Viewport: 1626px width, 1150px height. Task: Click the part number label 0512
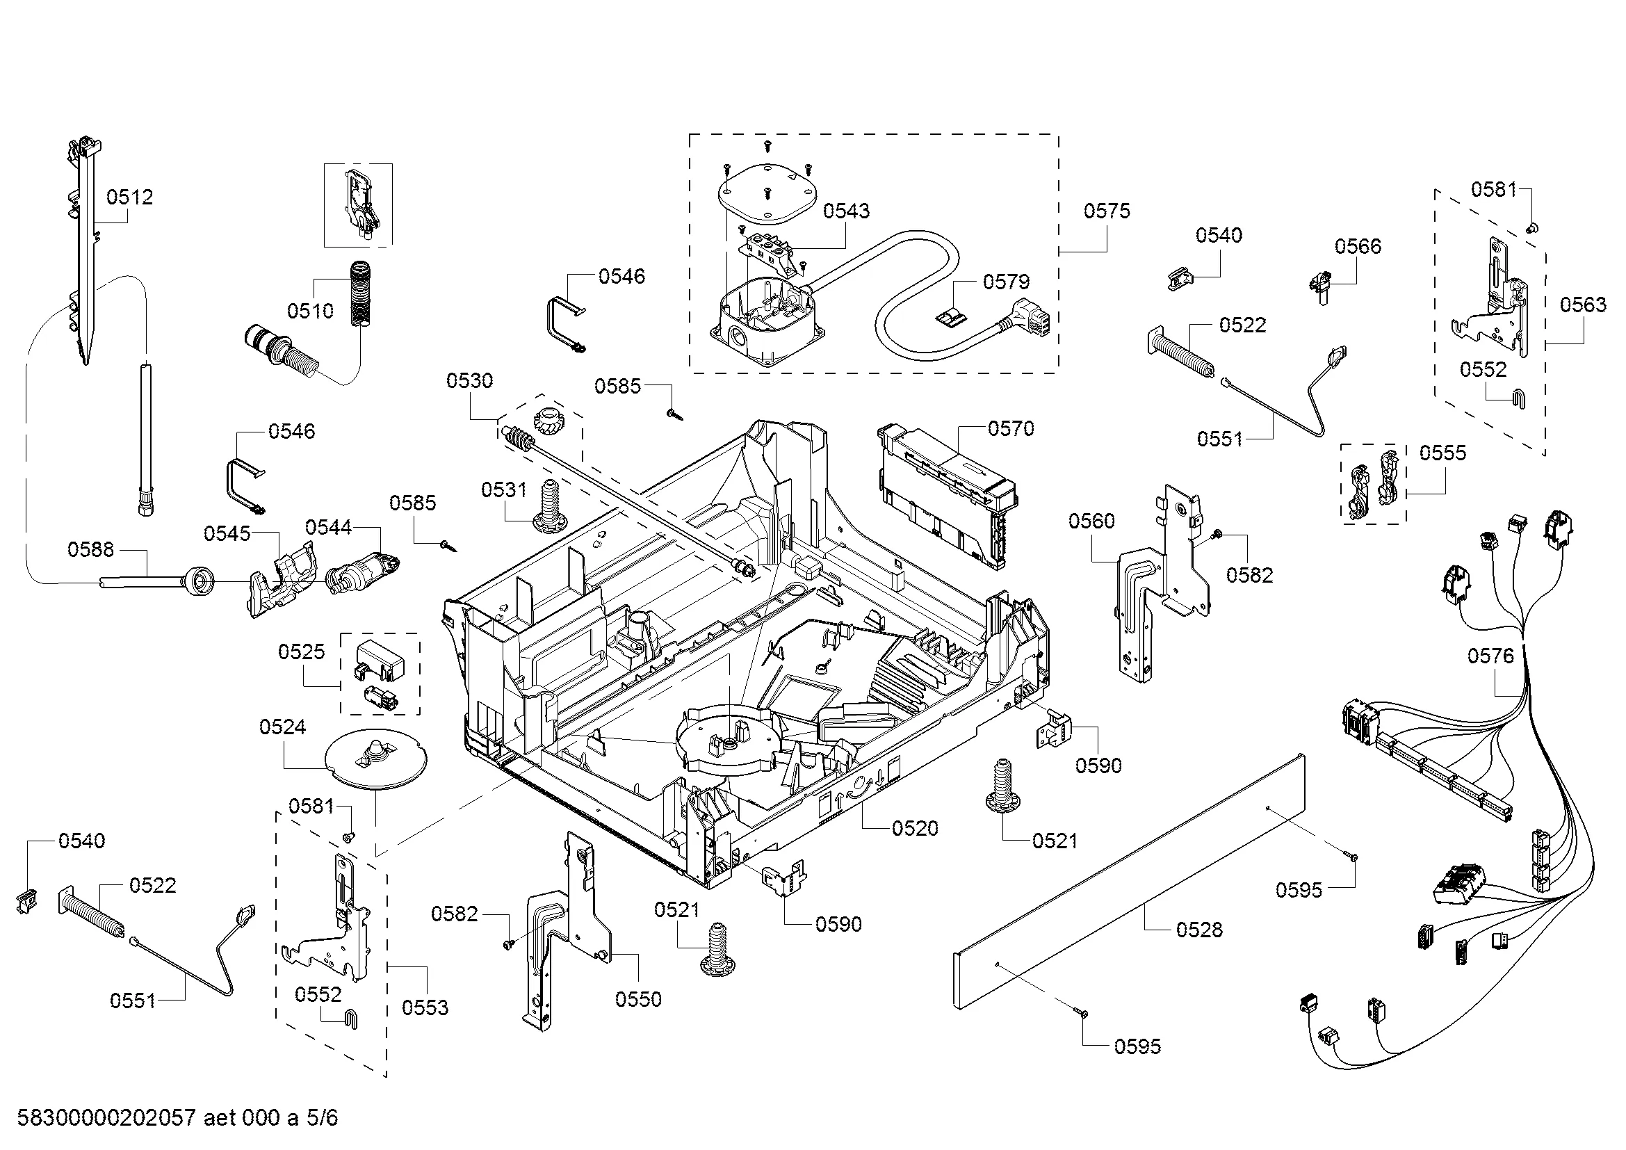(129, 197)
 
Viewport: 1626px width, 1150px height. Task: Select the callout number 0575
(1107, 211)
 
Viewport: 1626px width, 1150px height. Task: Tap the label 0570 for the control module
(1011, 428)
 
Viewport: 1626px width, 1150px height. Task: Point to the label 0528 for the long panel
(1200, 930)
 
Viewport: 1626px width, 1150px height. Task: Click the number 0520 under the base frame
(915, 829)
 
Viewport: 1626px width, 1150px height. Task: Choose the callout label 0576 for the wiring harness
(1490, 656)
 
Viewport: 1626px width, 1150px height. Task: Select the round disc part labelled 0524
(375, 759)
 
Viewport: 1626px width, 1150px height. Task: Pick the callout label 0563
(1584, 305)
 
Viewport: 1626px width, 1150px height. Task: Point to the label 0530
(469, 381)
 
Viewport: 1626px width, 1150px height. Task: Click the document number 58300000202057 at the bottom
(106, 1118)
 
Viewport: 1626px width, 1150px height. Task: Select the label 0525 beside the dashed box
(302, 651)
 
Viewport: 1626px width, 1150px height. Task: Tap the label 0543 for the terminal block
(846, 211)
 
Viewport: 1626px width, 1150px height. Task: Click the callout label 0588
(90, 549)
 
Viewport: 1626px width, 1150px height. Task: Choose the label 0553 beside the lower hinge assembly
(425, 1007)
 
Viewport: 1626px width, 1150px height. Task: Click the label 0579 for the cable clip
(1007, 282)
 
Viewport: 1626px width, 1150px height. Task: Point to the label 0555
(1442, 453)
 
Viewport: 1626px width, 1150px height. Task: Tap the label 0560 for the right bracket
(1091, 521)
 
